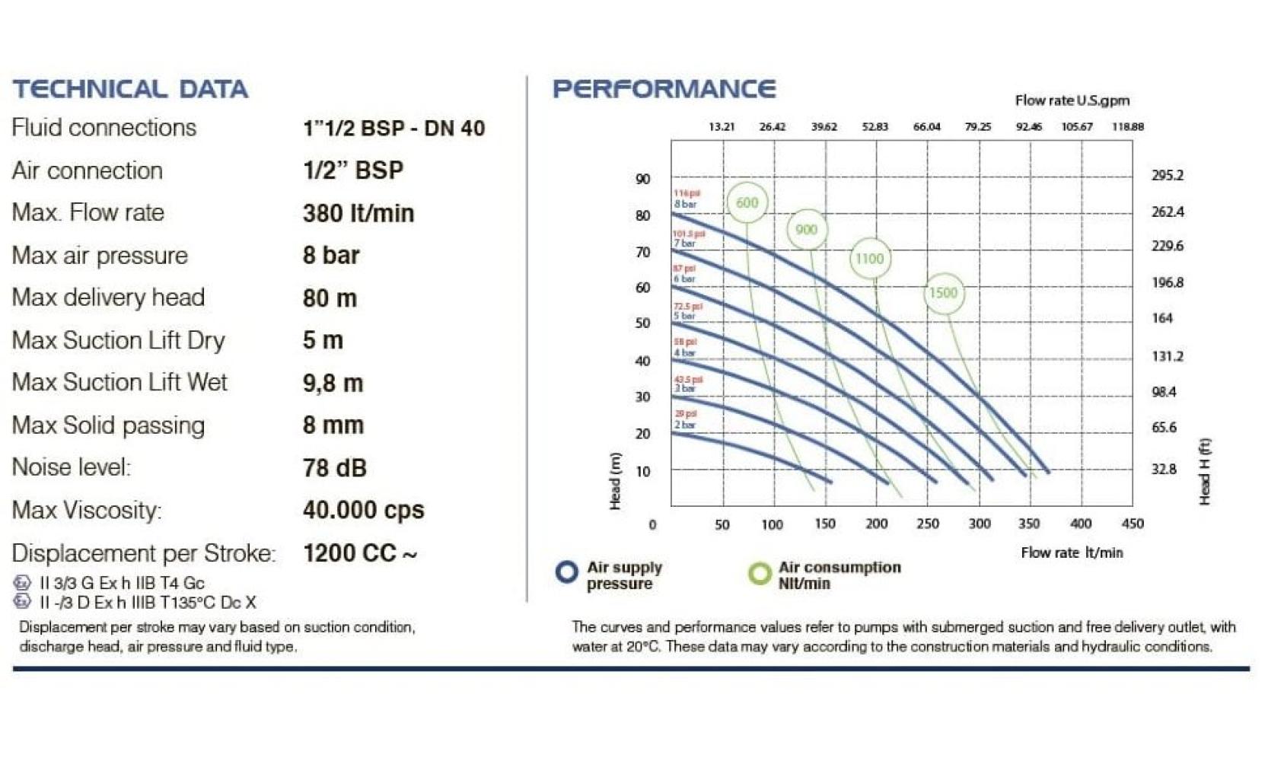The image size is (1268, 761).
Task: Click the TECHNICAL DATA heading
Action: [x=130, y=89]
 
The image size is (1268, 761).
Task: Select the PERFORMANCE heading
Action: [x=664, y=89]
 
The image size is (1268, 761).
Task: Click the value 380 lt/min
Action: [x=358, y=213]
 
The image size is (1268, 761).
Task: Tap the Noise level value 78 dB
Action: [x=334, y=467]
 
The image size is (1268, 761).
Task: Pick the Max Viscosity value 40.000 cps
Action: [x=363, y=510]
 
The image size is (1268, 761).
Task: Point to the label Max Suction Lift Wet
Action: [x=119, y=382]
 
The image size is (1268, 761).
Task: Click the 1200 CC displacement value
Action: [x=359, y=553]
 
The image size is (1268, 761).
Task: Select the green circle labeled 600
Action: [x=747, y=202]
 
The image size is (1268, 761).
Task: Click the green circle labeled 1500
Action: [x=943, y=293]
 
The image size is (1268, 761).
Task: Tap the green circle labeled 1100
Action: [x=869, y=259]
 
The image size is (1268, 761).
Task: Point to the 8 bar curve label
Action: [x=684, y=204]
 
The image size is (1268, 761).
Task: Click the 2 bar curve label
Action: [x=684, y=425]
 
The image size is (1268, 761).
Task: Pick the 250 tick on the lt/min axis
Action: [x=928, y=524]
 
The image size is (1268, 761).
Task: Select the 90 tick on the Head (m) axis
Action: [x=643, y=179]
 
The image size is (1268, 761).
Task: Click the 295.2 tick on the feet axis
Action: [x=1167, y=176]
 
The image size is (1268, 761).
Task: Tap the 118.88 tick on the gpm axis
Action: [x=1127, y=127]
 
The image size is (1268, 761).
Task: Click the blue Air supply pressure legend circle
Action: [x=566, y=572]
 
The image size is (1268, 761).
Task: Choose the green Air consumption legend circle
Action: [x=759, y=573]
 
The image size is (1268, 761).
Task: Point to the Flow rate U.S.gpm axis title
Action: [x=1072, y=100]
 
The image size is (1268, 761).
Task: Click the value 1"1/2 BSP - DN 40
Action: [x=393, y=128]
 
